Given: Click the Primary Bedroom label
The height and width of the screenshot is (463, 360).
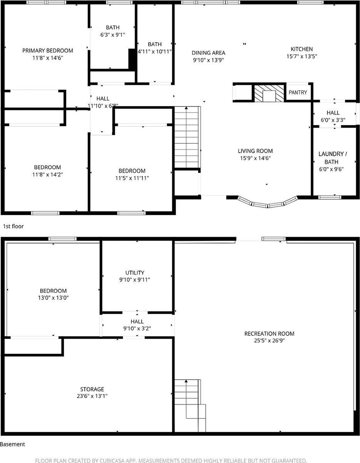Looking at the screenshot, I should click(47, 51).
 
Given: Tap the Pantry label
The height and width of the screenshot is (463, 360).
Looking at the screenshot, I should click(298, 93).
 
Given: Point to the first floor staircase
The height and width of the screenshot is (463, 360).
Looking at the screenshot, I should click(187, 137).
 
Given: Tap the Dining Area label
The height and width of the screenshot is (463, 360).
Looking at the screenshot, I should click(209, 53).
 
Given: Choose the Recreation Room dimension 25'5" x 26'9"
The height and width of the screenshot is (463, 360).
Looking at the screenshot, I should click(269, 341).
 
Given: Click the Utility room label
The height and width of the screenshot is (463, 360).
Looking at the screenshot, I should click(135, 273).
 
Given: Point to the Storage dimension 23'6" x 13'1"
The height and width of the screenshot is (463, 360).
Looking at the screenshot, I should click(92, 396).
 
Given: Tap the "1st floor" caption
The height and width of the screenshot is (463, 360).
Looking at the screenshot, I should click(13, 226).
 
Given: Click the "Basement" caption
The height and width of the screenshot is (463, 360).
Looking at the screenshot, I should click(13, 444).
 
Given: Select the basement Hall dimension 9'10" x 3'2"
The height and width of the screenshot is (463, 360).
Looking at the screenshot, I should click(137, 329).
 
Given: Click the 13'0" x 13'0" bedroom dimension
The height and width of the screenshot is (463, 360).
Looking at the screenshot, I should click(53, 298).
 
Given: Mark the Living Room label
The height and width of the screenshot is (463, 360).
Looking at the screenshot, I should click(255, 151).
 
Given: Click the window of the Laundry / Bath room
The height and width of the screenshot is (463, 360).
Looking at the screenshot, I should click(330, 198).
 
